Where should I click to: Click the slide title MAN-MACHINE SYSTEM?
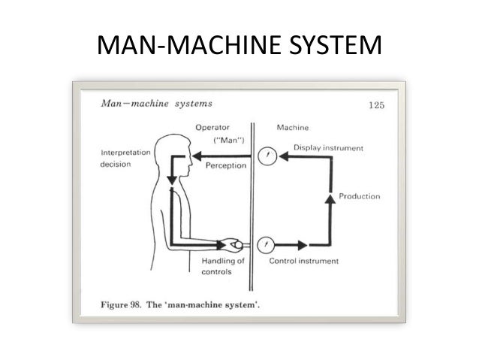[x=239, y=47]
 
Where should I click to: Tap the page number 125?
[x=376, y=105]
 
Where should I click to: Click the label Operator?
[x=212, y=128]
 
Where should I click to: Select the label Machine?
[x=292, y=128]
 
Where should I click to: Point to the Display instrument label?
[x=328, y=148]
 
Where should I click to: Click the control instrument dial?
[x=265, y=245]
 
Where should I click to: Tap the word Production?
[x=359, y=196]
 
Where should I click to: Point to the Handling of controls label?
[x=223, y=266]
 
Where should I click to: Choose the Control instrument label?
[x=303, y=261]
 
